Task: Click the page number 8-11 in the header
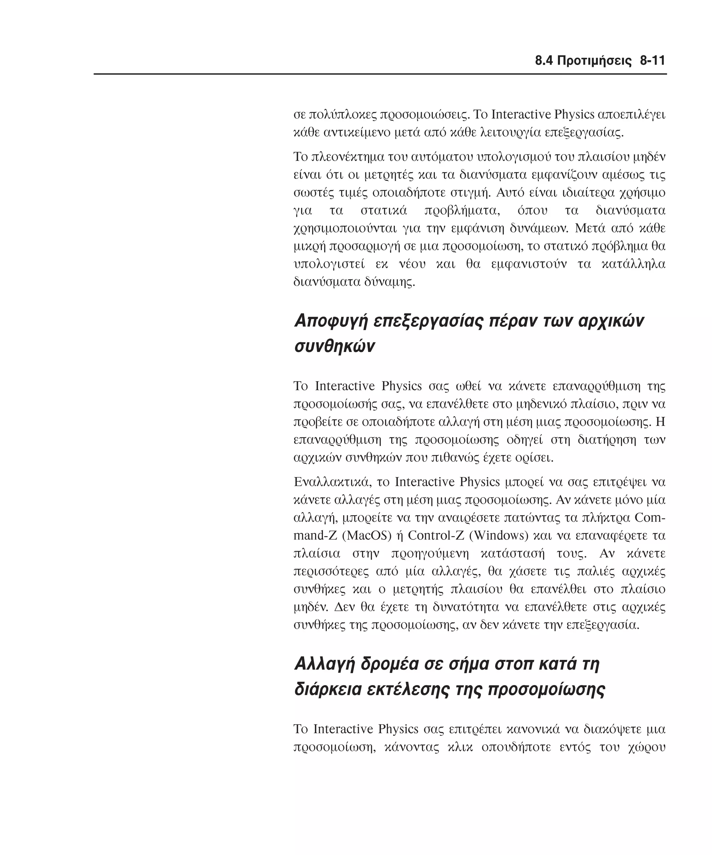(652, 61)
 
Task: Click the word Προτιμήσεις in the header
(594, 61)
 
